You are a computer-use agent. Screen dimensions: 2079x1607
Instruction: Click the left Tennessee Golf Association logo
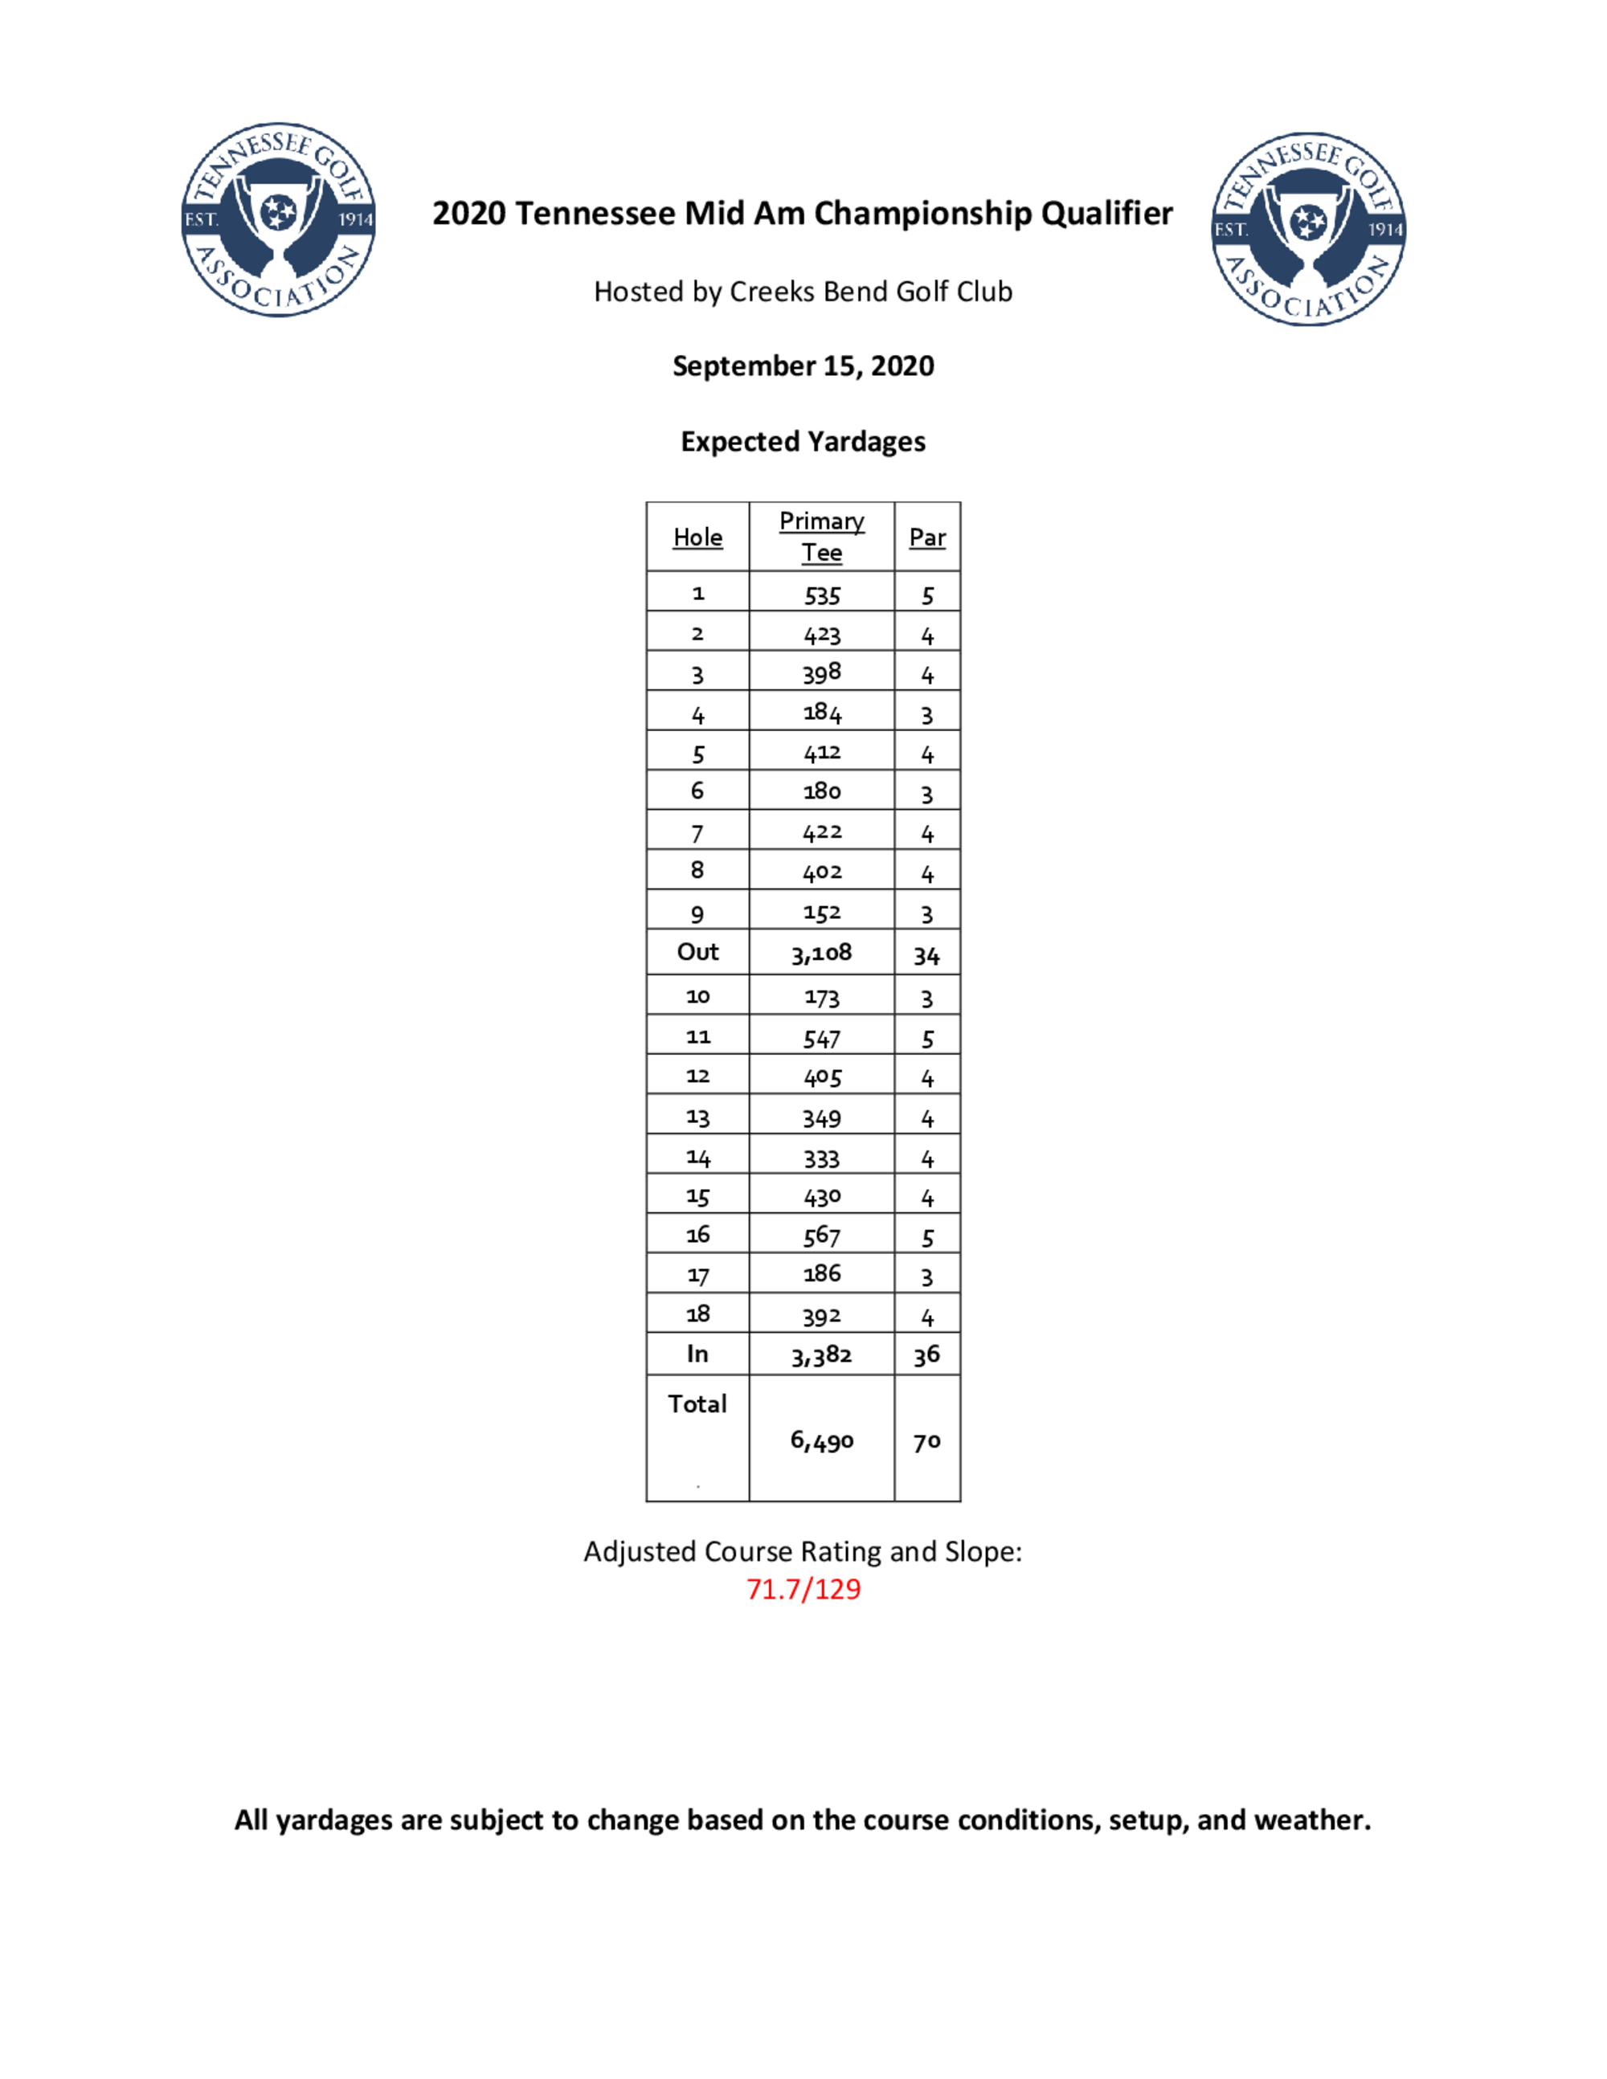[x=278, y=219]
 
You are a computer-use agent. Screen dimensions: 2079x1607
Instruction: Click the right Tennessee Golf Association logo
[x=1308, y=230]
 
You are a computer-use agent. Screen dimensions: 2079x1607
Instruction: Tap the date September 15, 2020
[x=803, y=366]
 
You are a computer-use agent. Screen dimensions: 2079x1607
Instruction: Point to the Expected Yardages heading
[x=803, y=442]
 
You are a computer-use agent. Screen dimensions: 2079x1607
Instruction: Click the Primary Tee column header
[x=822, y=537]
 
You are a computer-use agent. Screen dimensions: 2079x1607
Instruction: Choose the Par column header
[x=927, y=538]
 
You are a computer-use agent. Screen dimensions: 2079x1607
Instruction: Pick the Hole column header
[x=697, y=538]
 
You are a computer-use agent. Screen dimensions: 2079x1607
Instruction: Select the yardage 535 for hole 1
[x=822, y=596]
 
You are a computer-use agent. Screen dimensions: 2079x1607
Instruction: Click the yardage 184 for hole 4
[x=822, y=713]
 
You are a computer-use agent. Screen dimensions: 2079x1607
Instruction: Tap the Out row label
[x=697, y=952]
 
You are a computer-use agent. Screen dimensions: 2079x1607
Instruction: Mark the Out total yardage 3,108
[x=822, y=953]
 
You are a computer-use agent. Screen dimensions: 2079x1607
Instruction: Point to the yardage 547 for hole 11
[x=822, y=1039]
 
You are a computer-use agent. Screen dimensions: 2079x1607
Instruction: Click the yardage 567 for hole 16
[x=822, y=1236]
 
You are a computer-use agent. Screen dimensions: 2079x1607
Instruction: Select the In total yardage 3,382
[x=822, y=1355]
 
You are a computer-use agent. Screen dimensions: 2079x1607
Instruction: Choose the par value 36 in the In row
[x=927, y=1355]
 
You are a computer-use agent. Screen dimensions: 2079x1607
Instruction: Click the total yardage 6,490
[x=822, y=1441]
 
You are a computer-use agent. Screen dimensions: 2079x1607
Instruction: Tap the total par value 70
[x=927, y=1442]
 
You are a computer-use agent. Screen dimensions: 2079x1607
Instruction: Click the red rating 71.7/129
[x=803, y=1590]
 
